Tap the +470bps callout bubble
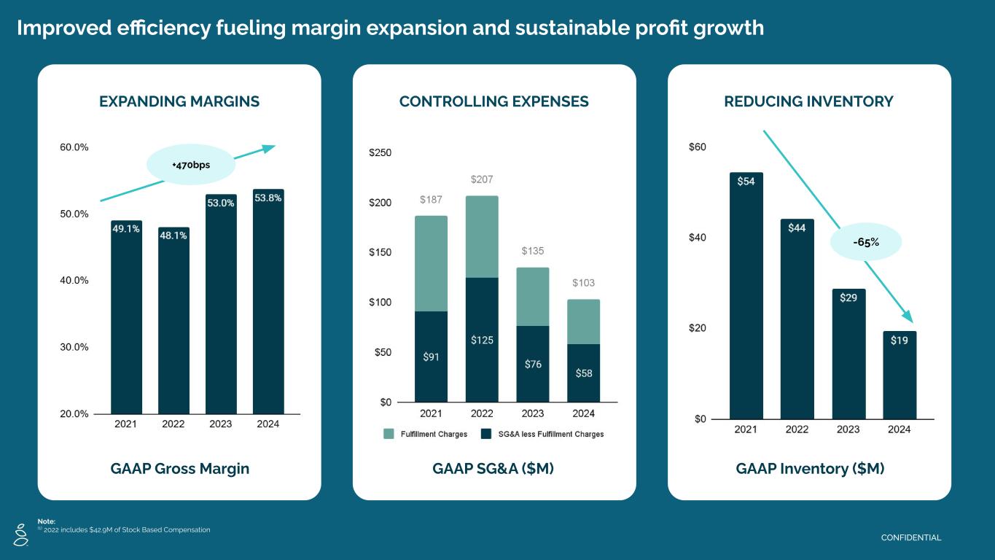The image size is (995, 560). click(x=191, y=166)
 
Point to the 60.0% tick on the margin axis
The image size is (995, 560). click(x=74, y=147)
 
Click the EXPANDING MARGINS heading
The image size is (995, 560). click(x=179, y=102)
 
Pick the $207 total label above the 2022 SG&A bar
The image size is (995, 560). click(x=482, y=179)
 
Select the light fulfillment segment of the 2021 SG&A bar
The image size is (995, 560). click(x=431, y=263)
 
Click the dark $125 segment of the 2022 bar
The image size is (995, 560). click(x=482, y=339)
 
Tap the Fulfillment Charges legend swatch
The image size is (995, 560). click(x=389, y=434)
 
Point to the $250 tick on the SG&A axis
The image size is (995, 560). click(x=380, y=153)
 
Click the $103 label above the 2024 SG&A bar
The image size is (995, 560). click(x=583, y=283)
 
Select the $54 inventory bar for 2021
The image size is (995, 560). click(x=746, y=295)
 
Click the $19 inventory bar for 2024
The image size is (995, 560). click(x=899, y=375)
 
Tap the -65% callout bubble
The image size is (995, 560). click(x=866, y=242)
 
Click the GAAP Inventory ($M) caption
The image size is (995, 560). click(x=810, y=469)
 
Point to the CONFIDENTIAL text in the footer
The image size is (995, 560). click(x=911, y=538)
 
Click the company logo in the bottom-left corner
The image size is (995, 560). click(x=20, y=534)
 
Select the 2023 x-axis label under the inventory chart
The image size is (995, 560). click(x=848, y=429)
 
